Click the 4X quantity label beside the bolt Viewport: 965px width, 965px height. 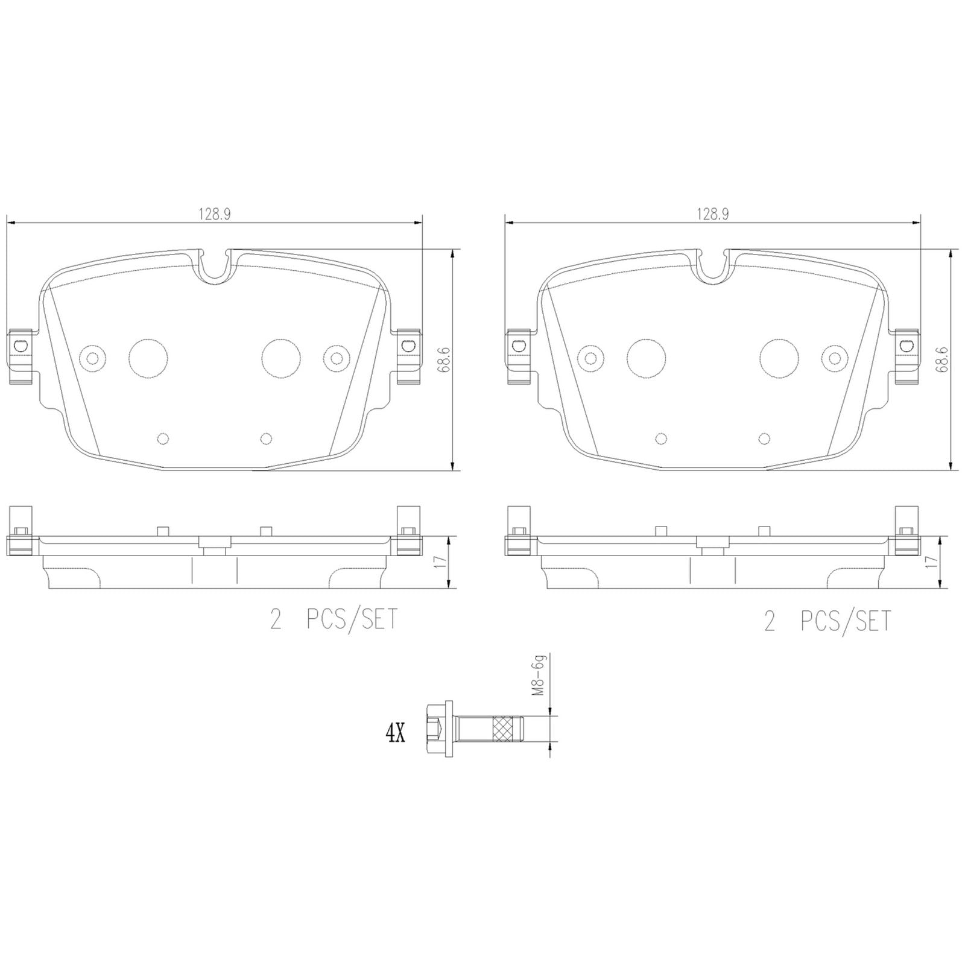tap(395, 734)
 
